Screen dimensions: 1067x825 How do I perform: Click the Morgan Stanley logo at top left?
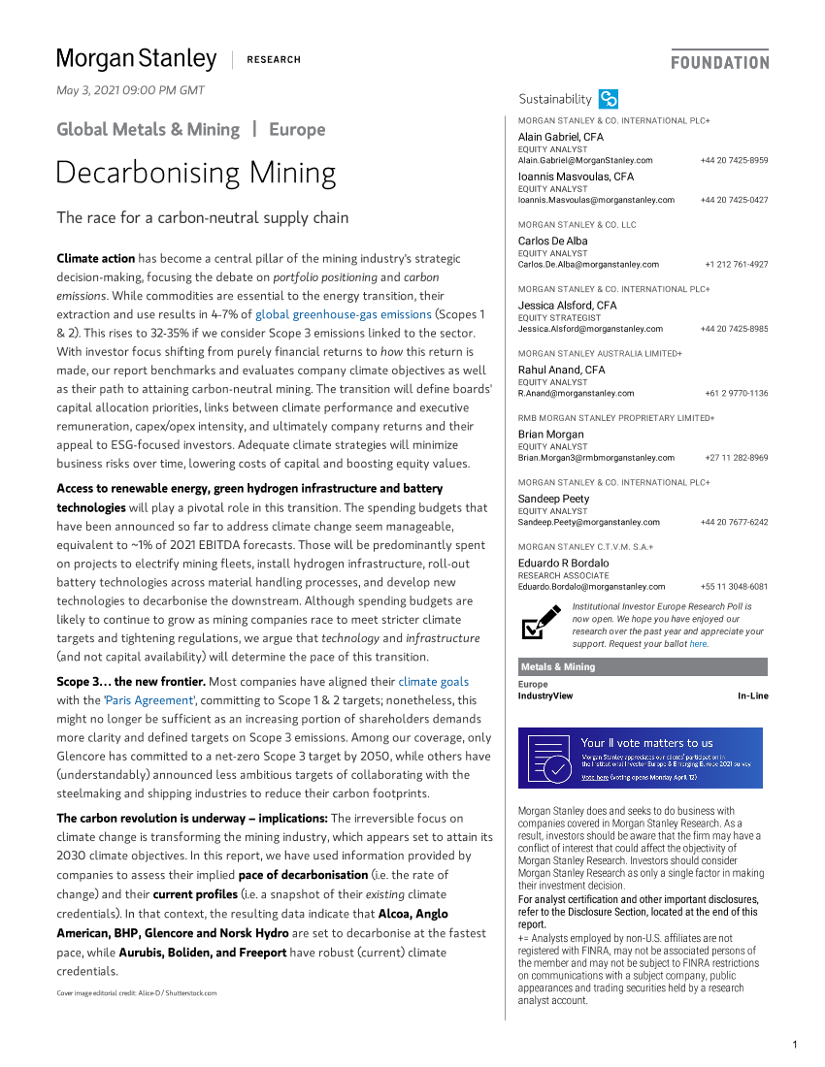(136, 59)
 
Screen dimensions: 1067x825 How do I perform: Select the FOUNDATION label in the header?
(719, 62)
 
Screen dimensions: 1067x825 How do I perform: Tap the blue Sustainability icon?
(609, 99)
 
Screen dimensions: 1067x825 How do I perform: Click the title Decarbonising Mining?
(196, 173)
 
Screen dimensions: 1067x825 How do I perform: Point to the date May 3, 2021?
(131, 90)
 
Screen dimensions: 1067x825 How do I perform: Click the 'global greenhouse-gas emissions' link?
(344, 314)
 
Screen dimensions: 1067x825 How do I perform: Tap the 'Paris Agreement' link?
(149, 700)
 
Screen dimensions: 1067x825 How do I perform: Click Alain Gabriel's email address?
(585, 160)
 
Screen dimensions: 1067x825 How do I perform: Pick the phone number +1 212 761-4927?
(736, 264)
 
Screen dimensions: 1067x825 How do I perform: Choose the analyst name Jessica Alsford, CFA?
(567, 306)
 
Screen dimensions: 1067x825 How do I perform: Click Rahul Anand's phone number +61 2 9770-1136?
(736, 394)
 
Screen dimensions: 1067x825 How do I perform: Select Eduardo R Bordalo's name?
(563, 563)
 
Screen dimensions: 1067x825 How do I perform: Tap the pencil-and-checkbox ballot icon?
(541, 623)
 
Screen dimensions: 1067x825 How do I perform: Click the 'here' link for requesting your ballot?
(698, 644)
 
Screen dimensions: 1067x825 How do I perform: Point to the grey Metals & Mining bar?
(643, 667)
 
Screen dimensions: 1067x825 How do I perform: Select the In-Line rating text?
(752, 696)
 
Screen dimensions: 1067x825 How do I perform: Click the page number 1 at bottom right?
(794, 1045)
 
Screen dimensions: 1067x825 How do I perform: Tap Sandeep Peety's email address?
(588, 522)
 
